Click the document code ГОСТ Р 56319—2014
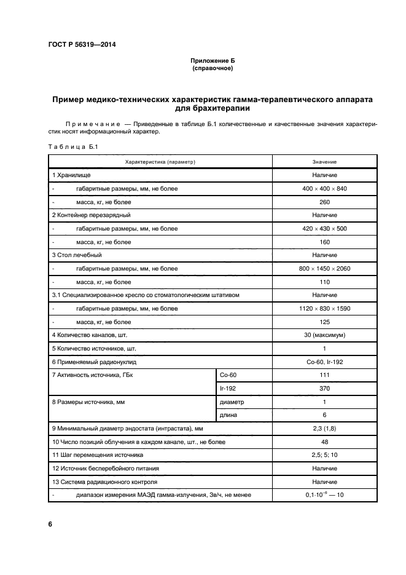pos(81,45)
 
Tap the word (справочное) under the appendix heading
pos(212,69)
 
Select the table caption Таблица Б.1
pos(69,146)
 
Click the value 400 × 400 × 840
pos(324,189)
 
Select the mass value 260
pos(324,202)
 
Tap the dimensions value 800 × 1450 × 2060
pos(324,269)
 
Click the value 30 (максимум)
pos(324,335)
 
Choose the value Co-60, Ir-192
pos(324,362)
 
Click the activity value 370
pos(324,389)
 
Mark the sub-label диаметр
pos(232,402)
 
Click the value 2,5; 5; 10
pos(324,455)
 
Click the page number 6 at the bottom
pos(50,524)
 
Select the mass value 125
pos(324,322)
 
